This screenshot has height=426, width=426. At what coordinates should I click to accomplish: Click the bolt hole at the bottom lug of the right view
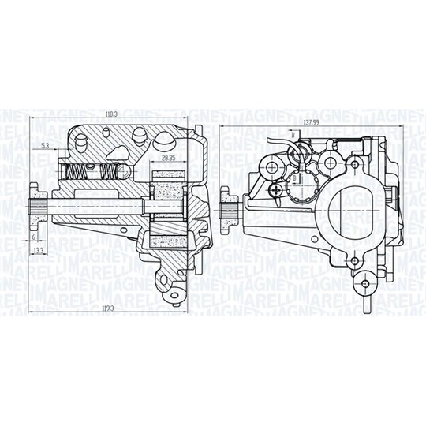point(365,282)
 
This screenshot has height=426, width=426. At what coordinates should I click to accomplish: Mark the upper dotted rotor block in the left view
point(166,190)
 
